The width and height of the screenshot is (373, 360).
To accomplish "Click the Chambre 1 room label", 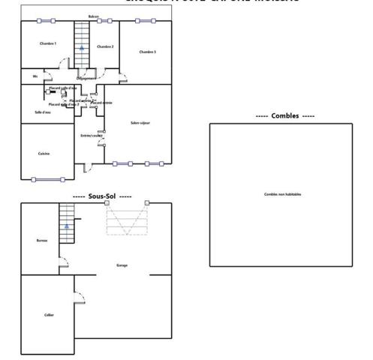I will [x=48, y=43].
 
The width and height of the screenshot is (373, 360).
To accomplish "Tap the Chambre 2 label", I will [x=104, y=46].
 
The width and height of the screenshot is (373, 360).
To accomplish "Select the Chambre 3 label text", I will [x=147, y=52].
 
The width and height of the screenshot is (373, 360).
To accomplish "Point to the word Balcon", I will [x=93, y=16].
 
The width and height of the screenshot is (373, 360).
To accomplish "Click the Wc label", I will [x=35, y=76].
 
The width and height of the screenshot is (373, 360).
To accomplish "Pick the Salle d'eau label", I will [x=43, y=112].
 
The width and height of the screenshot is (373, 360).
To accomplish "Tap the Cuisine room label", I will [x=44, y=153].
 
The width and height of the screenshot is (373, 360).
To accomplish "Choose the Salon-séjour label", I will [x=140, y=122].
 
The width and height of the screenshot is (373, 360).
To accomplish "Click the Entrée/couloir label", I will [x=89, y=135].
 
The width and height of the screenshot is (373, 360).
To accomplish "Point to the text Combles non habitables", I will [x=282, y=194].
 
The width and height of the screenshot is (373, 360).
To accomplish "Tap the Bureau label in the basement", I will [x=41, y=240].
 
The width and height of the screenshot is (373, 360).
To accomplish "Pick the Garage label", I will [x=122, y=265].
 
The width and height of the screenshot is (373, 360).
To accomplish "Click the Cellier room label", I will [x=49, y=314].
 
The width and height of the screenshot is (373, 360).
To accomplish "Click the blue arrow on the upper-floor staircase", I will [x=81, y=46].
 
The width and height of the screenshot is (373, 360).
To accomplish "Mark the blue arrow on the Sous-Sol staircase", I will [x=67, y=224].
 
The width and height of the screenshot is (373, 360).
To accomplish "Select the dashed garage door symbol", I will [x=127, y=221].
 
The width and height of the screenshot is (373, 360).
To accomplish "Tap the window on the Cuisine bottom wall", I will [x=49, y=178].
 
